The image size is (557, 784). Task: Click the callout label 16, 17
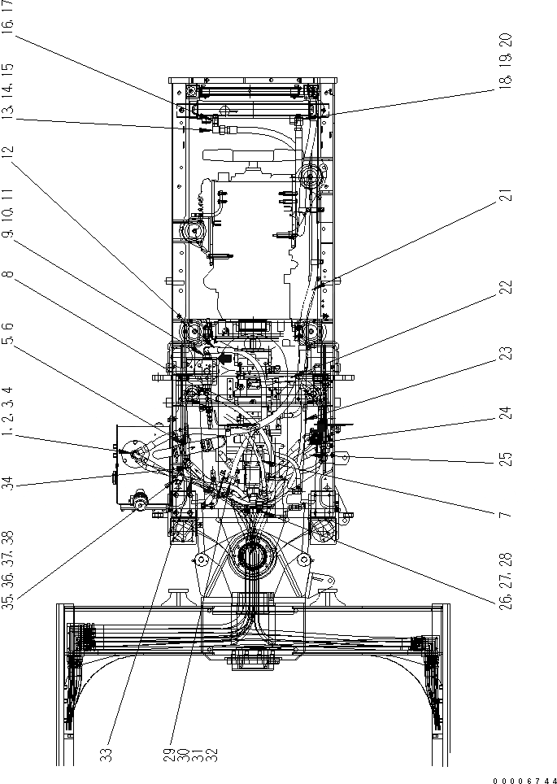click(7, 15)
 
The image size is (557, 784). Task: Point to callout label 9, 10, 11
click(7, 216)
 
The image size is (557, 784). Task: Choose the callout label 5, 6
click(7, 333)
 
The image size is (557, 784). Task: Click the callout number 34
click(7, 483)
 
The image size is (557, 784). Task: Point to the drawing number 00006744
click(524, 779)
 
